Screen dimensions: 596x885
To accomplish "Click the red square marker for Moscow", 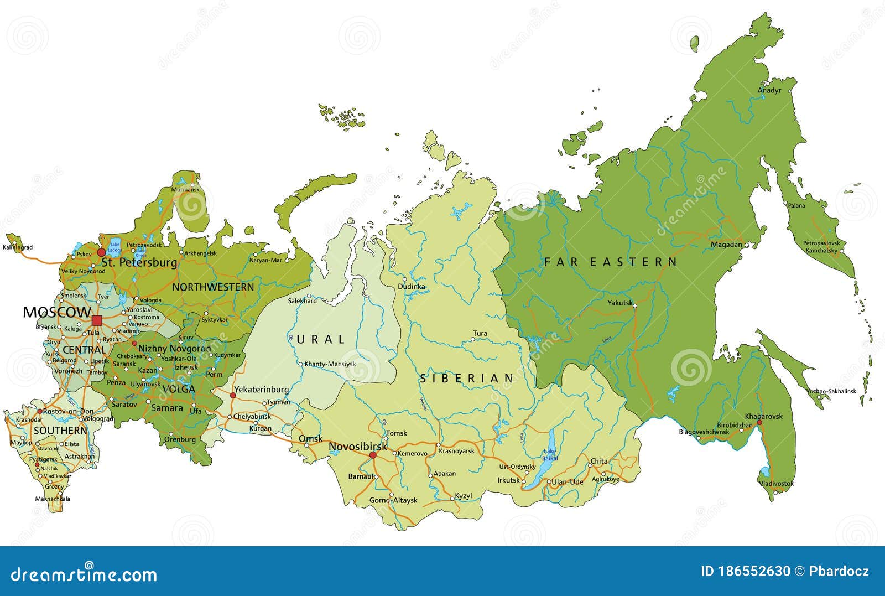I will click(97, 320).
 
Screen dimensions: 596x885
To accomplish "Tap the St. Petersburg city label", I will click(139, 262).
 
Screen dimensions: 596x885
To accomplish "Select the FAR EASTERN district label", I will click(611, 262).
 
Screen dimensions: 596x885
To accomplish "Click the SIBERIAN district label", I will click(467, 379).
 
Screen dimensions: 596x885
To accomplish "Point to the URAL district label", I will click(321, 339).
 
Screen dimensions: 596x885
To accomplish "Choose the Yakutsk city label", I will click(619, 303).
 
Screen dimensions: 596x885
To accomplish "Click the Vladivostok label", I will click(776, 483).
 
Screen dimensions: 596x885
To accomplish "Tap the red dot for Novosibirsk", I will click(373, 455).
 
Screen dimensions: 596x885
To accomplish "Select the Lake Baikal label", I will click(550, 455).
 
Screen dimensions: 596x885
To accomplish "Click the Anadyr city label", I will click(769, 90).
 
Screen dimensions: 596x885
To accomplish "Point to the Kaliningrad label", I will click(18, 247).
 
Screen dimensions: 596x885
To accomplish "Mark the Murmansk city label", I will click(185, 189).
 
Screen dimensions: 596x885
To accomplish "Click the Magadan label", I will click(726, 244).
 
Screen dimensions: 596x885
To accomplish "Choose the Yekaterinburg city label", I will click(261, 390).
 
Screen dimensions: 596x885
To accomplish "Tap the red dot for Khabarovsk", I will click(759, 422).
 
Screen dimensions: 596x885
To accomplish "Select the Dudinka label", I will click(412, 287).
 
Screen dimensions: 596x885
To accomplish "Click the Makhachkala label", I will click(53, 499).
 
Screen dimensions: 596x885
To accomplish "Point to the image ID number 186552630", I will click(745, 572).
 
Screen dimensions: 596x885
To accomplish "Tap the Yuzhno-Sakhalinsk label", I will click(831, 391).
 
